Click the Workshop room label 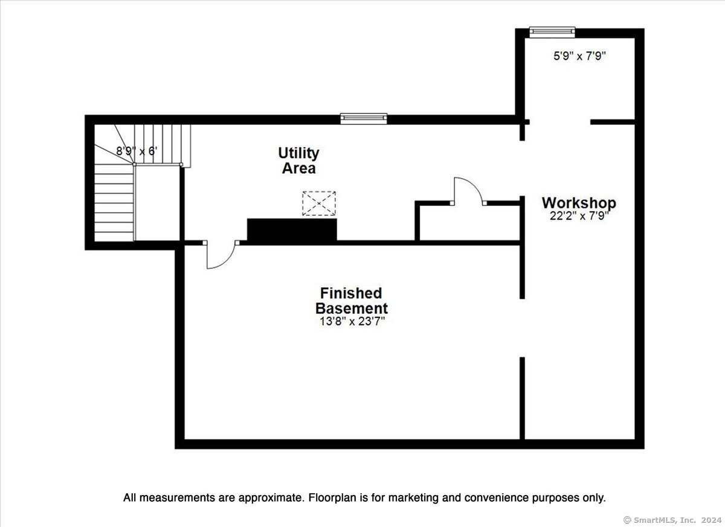(579, 203)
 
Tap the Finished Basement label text (352, 301)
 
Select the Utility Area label (298, 161)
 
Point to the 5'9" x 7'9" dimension (579, 56)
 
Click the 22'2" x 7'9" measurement (579, 216)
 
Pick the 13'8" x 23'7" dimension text (352, 321)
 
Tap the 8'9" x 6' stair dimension (137, 151)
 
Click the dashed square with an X (319, 203)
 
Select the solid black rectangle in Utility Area (292, 229)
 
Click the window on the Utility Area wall (364, 119)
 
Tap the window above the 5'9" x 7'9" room (552, 32)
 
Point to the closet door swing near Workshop (469, 191)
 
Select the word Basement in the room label (352, 308)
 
